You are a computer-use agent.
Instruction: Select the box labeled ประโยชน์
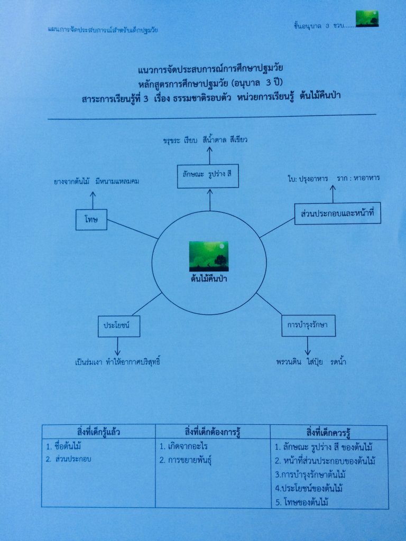coord(118,326)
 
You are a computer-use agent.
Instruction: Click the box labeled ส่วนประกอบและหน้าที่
coord(338,214)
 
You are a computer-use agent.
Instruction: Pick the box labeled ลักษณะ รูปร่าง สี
coord(208,177)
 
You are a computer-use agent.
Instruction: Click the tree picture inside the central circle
coord(209,256)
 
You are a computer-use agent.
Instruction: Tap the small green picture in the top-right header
coord(367,18)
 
